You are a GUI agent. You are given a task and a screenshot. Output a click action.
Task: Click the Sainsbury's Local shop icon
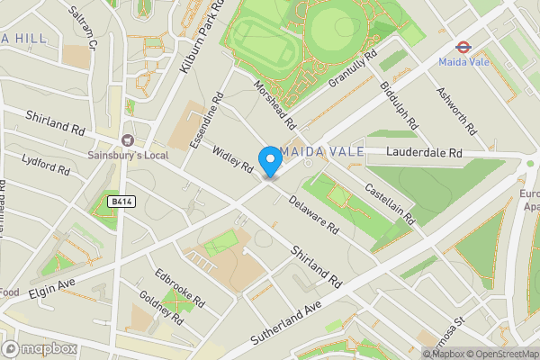coord(128,139)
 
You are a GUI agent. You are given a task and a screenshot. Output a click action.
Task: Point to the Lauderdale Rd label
coord(423,154)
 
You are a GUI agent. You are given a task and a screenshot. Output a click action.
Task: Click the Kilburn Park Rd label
coord(202,37)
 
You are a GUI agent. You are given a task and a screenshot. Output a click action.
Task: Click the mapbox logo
coord(40,348)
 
